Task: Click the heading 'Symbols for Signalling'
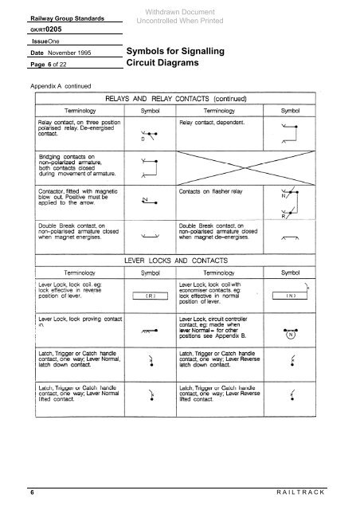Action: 173,51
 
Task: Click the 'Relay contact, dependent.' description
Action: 212,123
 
